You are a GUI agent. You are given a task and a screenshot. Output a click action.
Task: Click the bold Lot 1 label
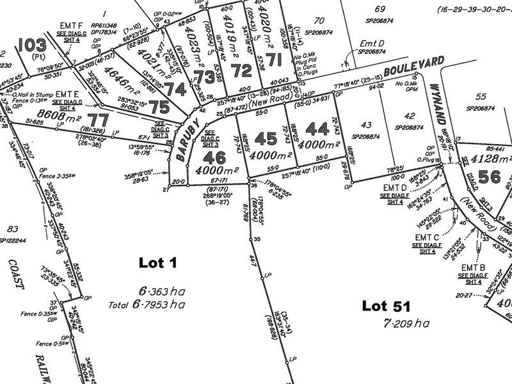point(157,262)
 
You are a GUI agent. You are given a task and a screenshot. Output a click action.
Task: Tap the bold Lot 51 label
point(387,306)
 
